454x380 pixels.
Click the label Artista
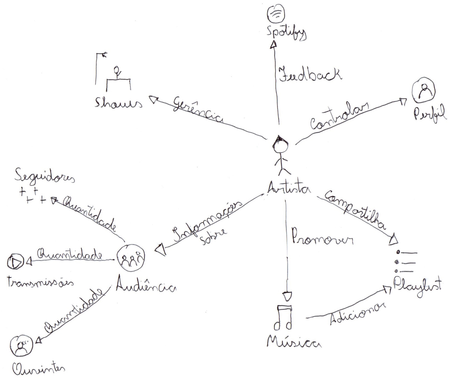[x=289, y=188]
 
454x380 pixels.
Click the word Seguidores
[x=44, y=177]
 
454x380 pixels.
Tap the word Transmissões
[x=40, y=282]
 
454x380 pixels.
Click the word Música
[x=294, y=342]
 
